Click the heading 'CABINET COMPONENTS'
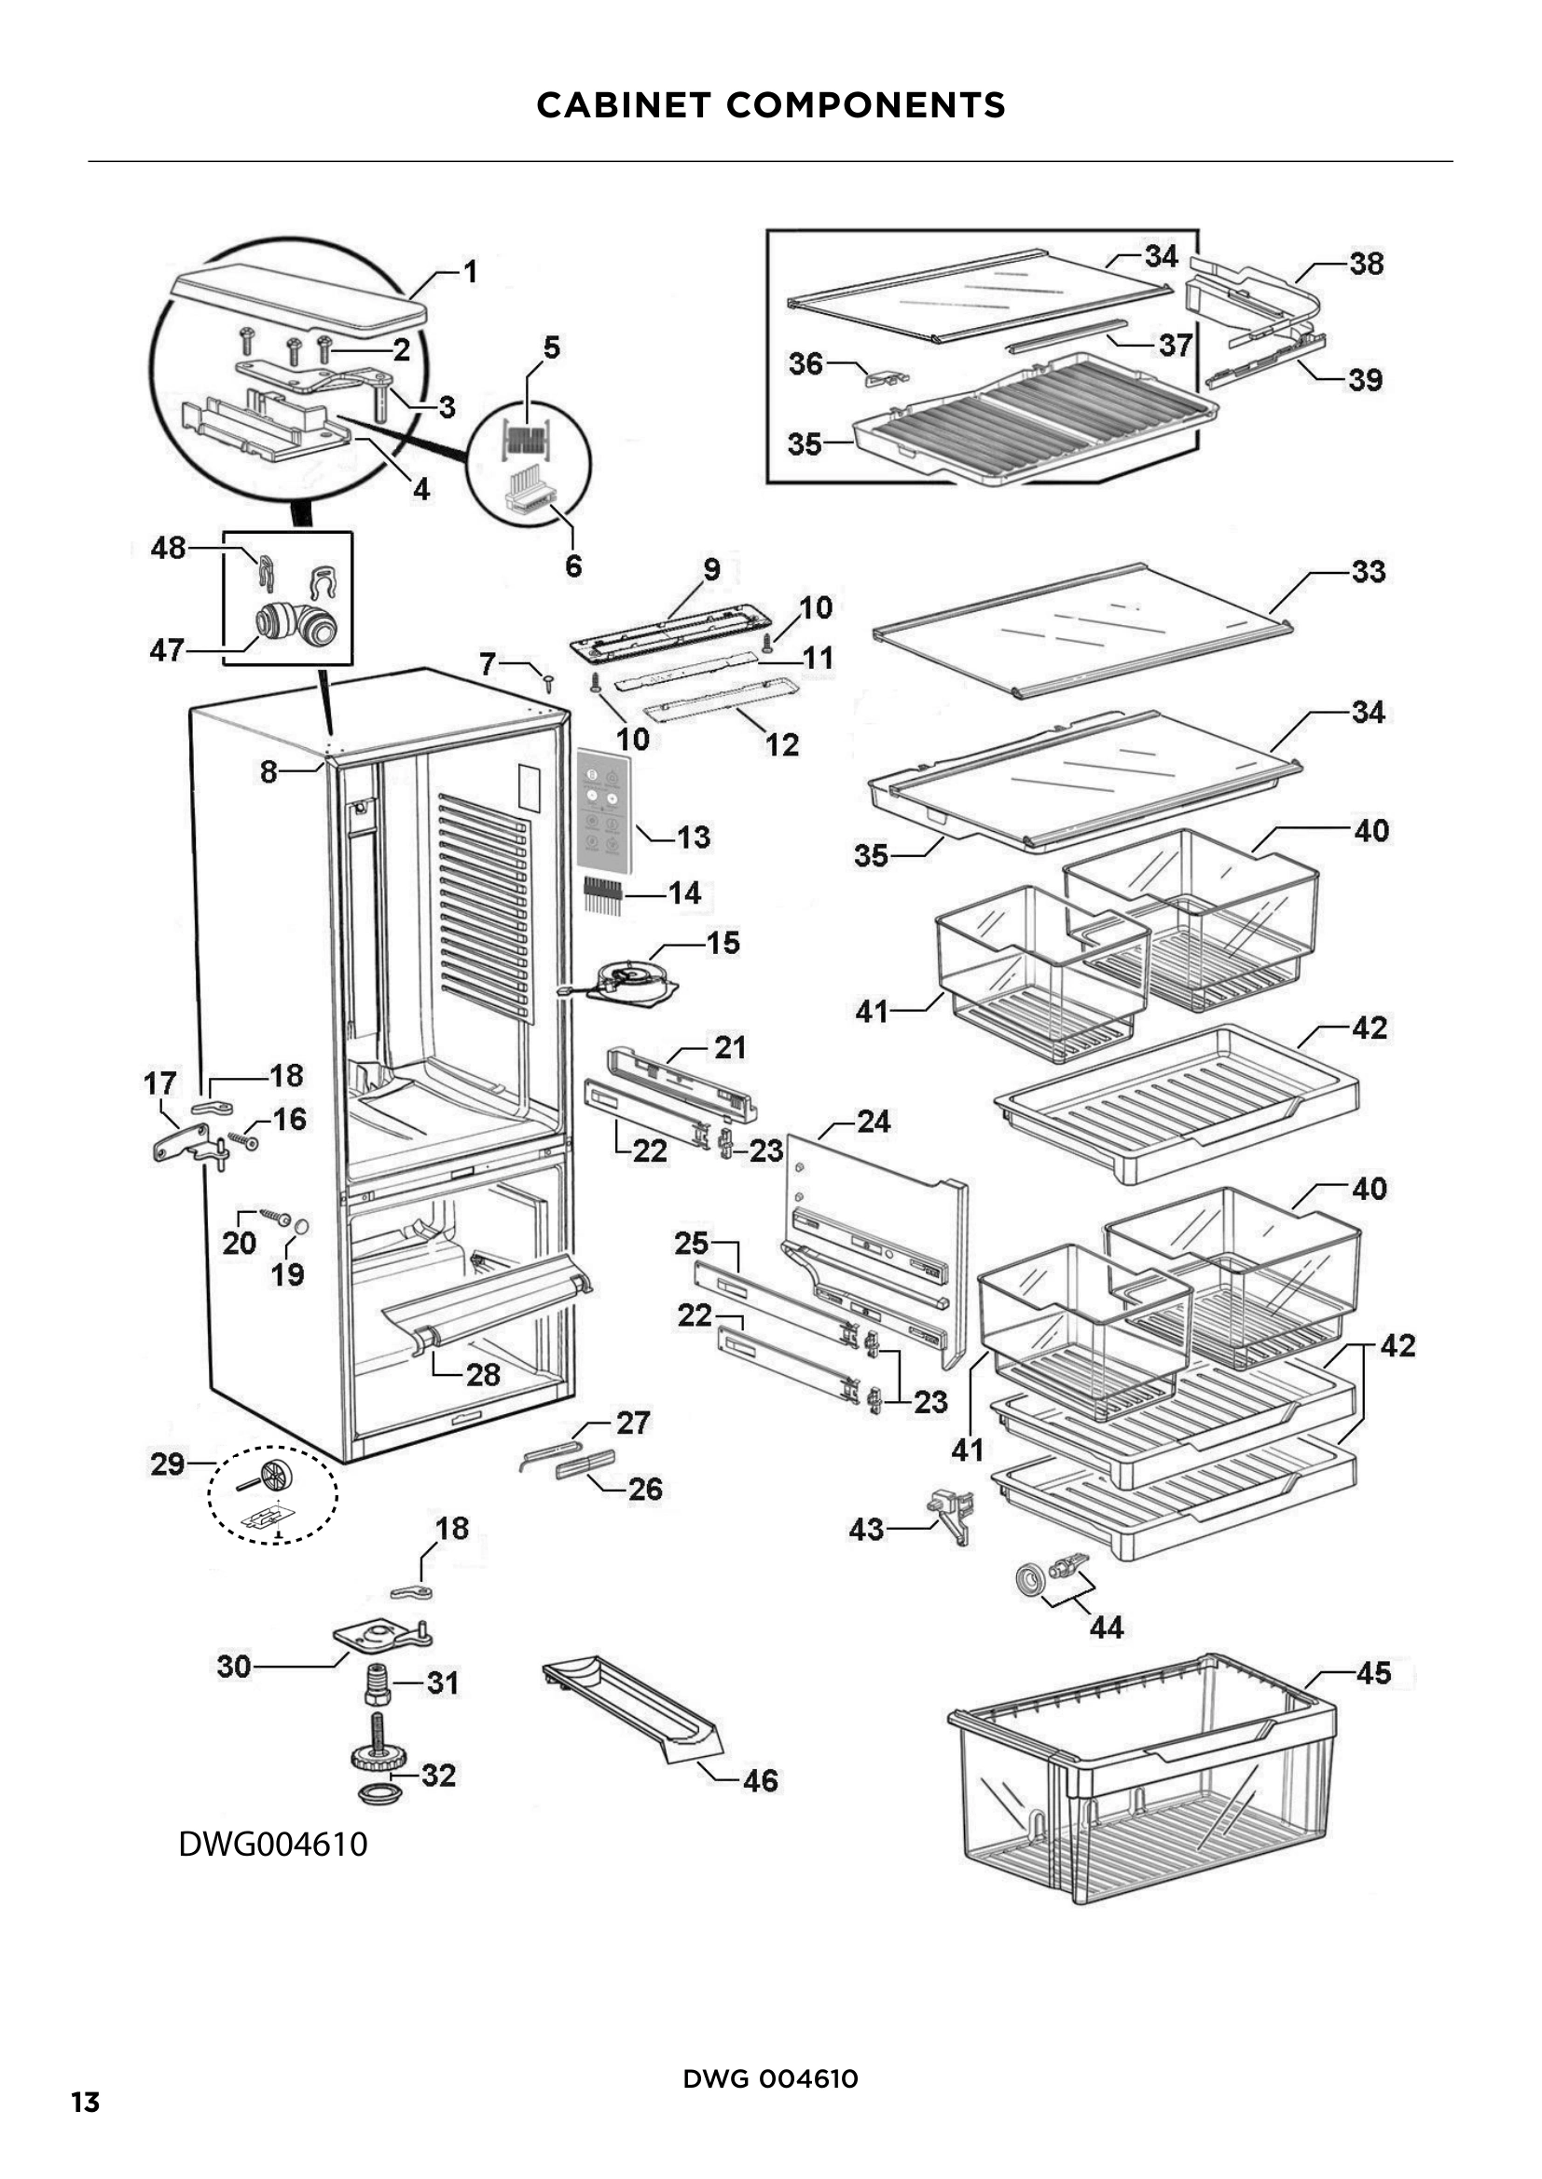(x=770, y=105)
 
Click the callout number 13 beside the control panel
(x=693, y=838)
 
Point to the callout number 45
(x=1373, y=1673)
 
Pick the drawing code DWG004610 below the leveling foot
(x=273, y=1844)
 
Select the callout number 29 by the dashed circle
(x=167, y=1464)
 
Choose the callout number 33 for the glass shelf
(x=1369, y=571)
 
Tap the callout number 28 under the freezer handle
(x=482, y=1375)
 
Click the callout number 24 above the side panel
(x=874, y=1122)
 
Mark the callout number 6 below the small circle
(x=573, y=565)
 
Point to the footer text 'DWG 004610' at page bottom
(x=770, y=2078)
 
